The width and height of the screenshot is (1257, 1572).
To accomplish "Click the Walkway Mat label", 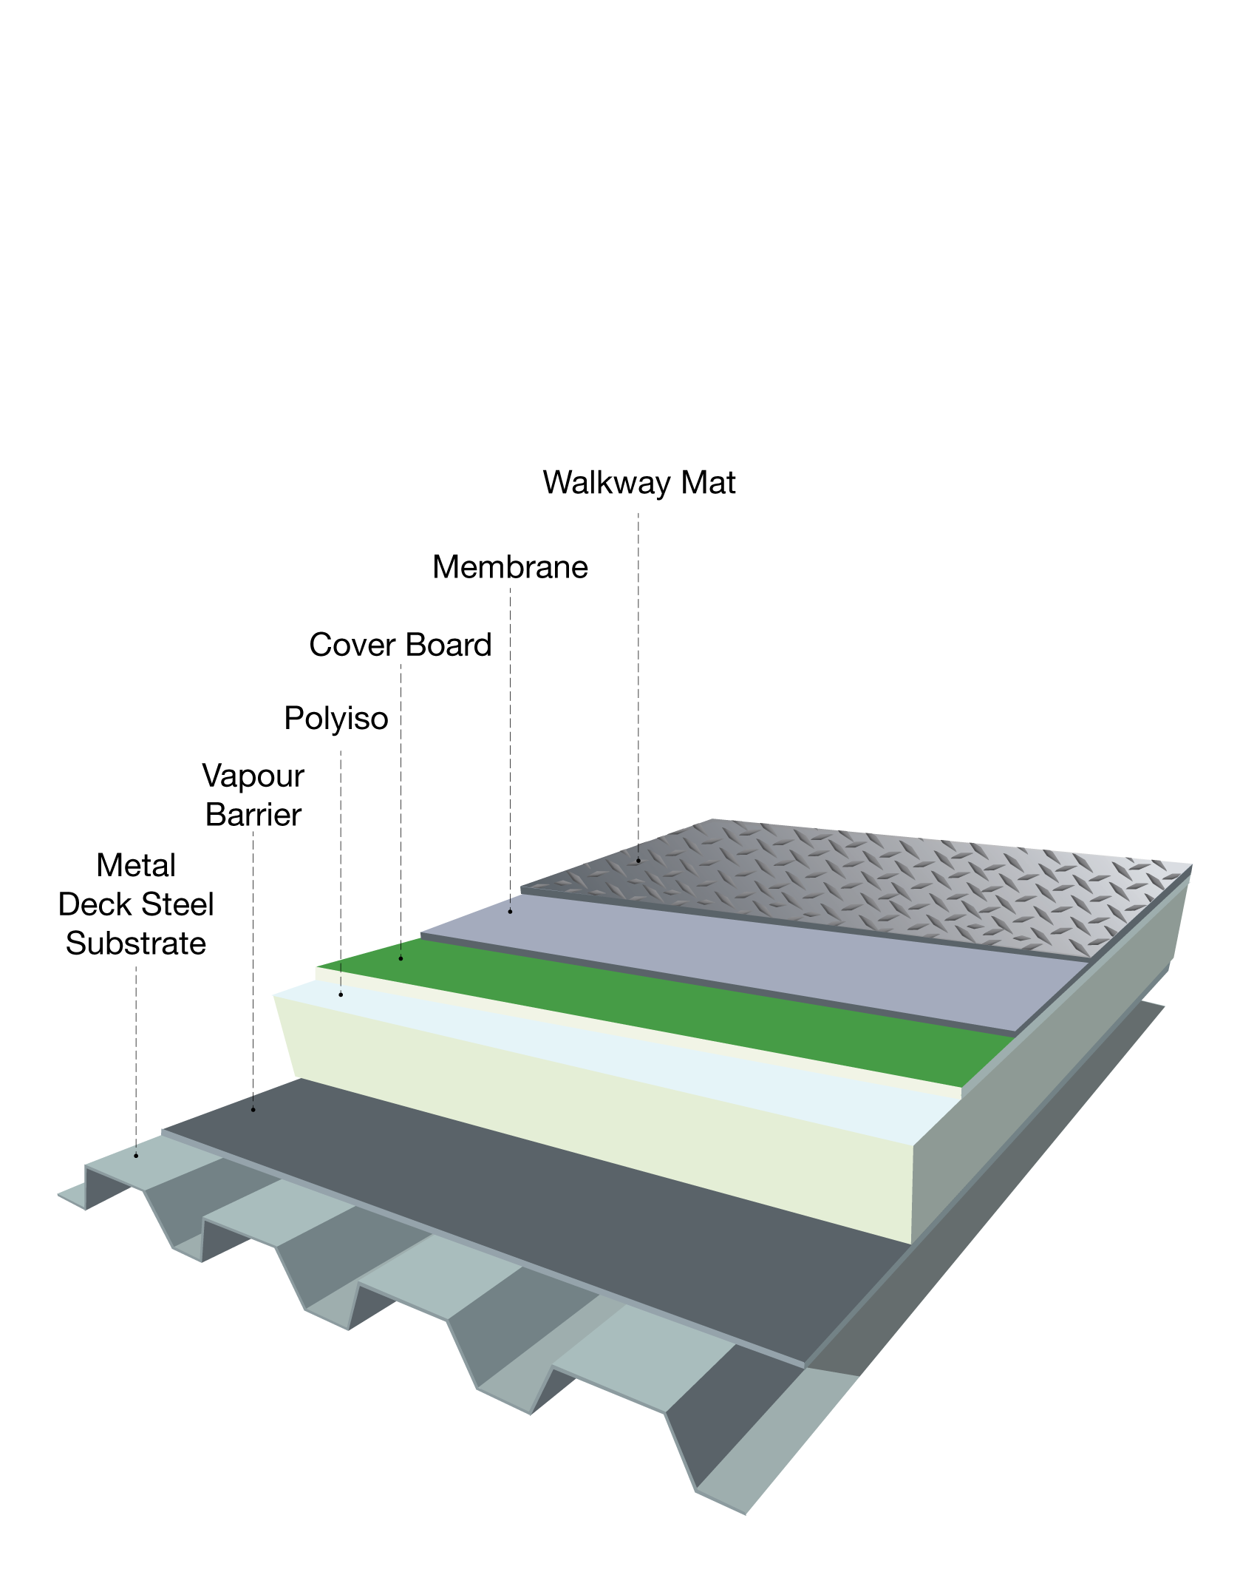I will [638, 483].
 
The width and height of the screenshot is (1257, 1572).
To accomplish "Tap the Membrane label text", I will [510, 567].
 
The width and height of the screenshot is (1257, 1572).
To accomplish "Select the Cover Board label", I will [400, 645].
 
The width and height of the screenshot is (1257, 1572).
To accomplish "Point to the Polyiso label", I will [336, 718].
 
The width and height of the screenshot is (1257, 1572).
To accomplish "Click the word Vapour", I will [253, 776].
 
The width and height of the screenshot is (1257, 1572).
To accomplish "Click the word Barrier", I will [253, 815].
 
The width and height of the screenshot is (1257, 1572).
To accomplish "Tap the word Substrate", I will [136, 943].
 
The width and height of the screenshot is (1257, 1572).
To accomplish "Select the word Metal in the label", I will [136, 865].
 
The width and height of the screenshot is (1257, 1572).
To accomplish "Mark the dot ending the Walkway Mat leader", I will [638, 861].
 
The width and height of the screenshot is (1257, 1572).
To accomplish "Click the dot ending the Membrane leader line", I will [510, 912].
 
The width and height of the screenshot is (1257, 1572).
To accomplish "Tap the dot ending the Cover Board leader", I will [401, 958].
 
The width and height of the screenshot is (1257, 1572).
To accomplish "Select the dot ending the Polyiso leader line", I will [341, 995].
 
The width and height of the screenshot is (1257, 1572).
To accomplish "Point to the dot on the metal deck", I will [136, 1155].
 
